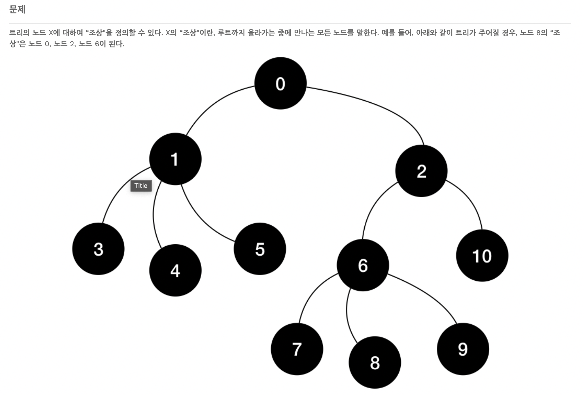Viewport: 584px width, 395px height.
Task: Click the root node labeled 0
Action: tap(280, 83)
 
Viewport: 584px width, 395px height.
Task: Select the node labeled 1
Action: tap(175, 159)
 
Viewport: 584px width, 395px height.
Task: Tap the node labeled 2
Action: tap(421, 171)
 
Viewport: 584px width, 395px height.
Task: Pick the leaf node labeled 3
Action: tap(98, 249)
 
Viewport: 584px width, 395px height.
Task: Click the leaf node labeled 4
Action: tap(175, 271)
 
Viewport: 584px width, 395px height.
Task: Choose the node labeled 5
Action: tap(260, 249)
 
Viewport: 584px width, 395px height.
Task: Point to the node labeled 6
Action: tap(363, 265)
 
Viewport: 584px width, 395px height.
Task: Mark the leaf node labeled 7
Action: tap(297, 349)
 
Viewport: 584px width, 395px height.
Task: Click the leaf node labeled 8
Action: tap(375, 362)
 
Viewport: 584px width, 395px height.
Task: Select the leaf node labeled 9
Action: tap(463, 349)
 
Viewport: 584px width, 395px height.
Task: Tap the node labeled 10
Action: tap(482, 256)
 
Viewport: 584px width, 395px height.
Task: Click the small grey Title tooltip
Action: tap(141, 186)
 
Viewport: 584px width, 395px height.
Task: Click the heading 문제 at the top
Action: tap(17, 10)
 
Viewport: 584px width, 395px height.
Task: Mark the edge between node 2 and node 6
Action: tap(373, 207)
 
